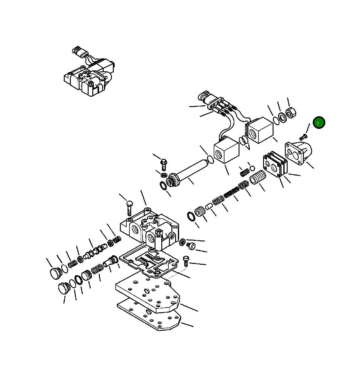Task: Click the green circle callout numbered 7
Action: (x=319, y=123)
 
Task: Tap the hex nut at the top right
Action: (x=290, y=113)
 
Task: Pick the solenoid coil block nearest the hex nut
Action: (x=260, y=130)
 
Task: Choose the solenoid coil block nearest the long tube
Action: (x=226, y=151)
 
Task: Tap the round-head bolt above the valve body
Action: (x=129, y=207)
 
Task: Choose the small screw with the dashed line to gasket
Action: (x=186, y=261)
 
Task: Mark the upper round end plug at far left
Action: (x=55, y=273)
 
